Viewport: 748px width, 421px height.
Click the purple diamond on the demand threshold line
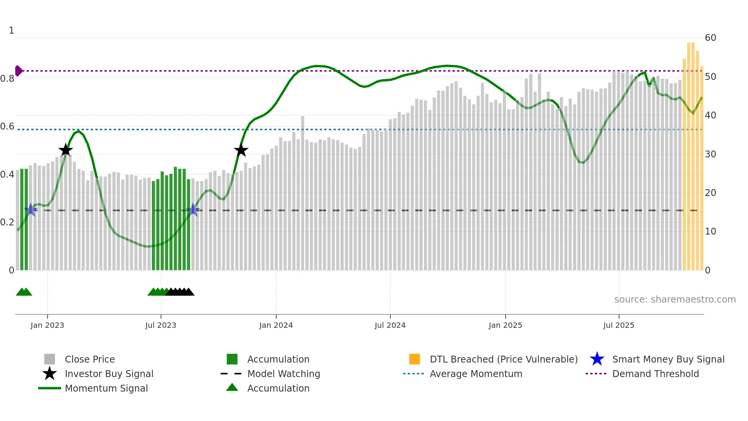pos(18,71)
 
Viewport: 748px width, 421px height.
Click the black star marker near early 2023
pos(66,150)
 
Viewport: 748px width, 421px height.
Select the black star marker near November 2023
pos(241,150)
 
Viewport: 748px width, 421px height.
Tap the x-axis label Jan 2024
pos(276,325)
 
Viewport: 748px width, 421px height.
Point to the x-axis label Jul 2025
pos(619,325)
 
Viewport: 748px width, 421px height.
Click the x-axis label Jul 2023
pos(161,325)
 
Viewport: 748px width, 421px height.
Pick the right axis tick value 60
pos(710,38)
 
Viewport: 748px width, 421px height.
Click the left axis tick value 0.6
pos(8,126)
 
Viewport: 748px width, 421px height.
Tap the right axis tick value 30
pos(710,154)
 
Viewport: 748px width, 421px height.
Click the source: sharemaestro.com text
pos(675,299)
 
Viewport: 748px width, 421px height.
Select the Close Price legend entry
pos(90,359)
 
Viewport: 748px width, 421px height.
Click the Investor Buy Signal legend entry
pos(109,374)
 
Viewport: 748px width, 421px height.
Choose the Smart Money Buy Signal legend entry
pos(668,359)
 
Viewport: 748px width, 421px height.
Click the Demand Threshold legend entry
pos(655,374)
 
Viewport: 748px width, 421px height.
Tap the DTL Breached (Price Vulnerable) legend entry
pos(503,359)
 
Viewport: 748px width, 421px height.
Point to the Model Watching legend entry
pos(284,374)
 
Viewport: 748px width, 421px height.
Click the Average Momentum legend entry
pos(476,374)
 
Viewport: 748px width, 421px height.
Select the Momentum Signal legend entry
pos(106,388)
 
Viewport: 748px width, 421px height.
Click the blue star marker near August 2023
pos(193,210)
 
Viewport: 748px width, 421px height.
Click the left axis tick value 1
pos(11,31)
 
